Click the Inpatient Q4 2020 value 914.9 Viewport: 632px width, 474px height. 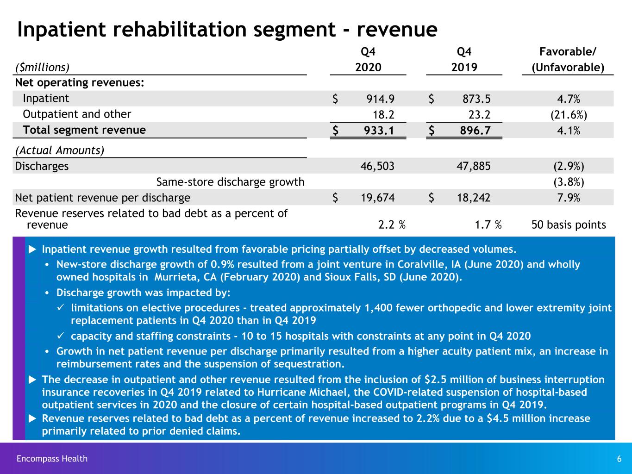point(380,99)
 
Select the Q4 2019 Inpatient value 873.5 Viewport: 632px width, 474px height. point(476,99)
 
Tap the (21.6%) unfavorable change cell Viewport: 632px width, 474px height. point(569,115)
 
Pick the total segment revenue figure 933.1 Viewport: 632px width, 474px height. point(379,131)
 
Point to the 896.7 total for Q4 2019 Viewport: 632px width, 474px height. point(475,131)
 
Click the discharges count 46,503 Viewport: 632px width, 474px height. point(377,166)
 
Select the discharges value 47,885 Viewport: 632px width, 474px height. point(473,166)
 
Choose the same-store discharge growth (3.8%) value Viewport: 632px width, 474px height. point(569,182)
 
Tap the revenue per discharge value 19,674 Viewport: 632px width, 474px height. point(377,198)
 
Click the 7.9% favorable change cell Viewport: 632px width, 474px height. point(569,198)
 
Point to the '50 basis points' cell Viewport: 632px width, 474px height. point(569,225)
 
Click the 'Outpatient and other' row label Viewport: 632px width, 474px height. point(77,114)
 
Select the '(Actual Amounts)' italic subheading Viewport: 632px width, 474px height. point(60,150)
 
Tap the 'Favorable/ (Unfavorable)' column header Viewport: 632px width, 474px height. point(568,60)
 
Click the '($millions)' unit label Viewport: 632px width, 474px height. point(42,67)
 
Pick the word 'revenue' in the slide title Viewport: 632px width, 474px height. point(397,30)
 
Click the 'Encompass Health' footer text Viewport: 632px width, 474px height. point(52,458)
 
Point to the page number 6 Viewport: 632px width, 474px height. point(619,459)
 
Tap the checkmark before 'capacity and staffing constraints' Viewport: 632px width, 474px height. point(61,335)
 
